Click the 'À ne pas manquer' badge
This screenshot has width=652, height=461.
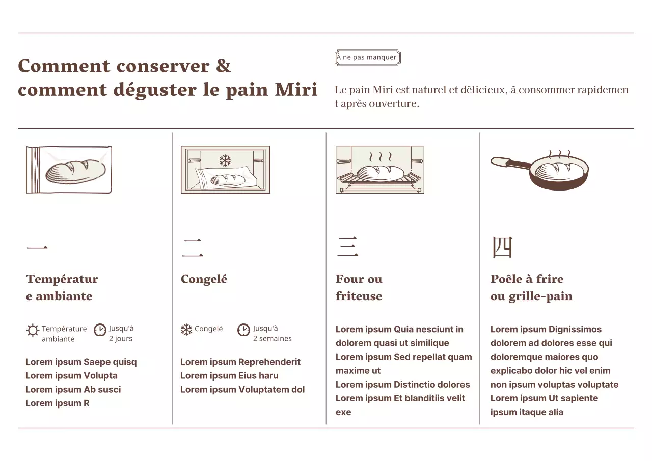pyautogui.click(x=368, y=58)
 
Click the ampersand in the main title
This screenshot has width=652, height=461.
pyautogui.click(x=223, y=66)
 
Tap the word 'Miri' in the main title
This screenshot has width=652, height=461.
pyautogui.click(x=296, y=89)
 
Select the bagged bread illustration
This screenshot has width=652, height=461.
pyautogui.click(x=69, y=170)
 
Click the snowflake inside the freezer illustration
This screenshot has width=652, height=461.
pyautogui.click(x=225, y=160)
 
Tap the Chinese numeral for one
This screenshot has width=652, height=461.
pyautogui.click(x=37, y=248)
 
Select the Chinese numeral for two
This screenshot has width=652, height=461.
pyautogui.click(x=193, y=248)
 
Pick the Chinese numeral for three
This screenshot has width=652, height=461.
pyautogui.click(x=347, y=247)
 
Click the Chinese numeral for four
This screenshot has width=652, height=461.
pyautogui.click(x=502, y=247)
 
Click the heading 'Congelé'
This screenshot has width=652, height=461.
pyautogui.click(x=204, y=279)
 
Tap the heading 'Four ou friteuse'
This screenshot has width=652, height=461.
pyautogui.click(x=359, y=287)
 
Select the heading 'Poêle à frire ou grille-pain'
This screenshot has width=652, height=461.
pyautogui.click(x=531, y=287)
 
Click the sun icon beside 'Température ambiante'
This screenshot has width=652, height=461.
pyautogui.click(x=33, y=330)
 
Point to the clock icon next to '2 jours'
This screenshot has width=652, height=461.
pyautogui.click(x=100, y=330)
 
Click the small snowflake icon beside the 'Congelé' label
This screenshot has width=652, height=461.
pyautogui.click(x=186, y=330)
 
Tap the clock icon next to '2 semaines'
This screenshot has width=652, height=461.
pyautogui.click(x=243, y=330)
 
